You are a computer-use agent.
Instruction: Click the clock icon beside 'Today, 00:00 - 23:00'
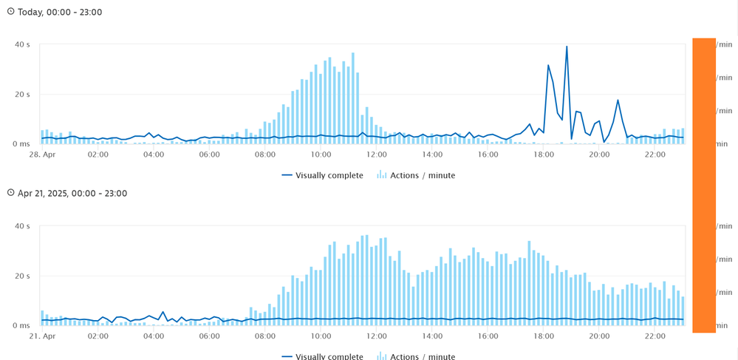pos(10,12)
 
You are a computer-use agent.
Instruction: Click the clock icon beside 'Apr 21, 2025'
pos(10,193)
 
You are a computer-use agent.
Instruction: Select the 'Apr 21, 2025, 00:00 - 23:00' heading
pos(72,194)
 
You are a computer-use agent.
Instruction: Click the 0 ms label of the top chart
pos(21,144)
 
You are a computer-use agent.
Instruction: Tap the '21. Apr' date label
pos(42,336)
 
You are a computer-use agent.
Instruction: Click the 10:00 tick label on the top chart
pos(321,154)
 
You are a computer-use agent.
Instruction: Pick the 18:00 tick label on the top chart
pos(544,154)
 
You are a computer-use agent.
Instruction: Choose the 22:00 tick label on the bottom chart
pos(655,336)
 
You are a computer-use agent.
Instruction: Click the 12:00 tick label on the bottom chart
pos(377,336)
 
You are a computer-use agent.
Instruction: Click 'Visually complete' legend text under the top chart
pos(329,175)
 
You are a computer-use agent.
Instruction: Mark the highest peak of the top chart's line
pos(567,47)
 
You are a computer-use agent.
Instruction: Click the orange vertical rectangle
pos(703,185)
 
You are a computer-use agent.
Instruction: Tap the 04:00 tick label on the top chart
pos(154,154)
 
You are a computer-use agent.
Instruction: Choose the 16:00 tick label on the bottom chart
pos(488,336)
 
